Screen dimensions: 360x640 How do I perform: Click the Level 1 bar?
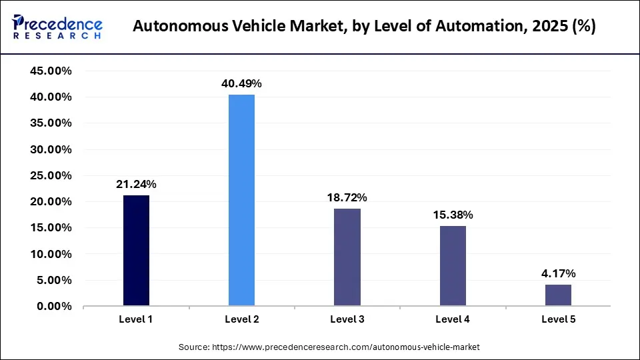tap(136, 251)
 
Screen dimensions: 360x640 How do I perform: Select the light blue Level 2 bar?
tap(241, 200)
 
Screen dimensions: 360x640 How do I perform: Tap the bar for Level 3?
tap(347, 257)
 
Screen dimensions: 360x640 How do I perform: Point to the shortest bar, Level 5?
tap(558, 295)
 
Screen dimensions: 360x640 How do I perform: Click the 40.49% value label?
tap(241, 84)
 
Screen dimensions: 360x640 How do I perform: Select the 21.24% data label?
tap(136, 184)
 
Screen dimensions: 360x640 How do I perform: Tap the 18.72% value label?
tap(347, 197)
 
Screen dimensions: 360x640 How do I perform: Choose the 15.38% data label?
tap(453, 215)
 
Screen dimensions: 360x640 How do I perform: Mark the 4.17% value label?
tap(558, 273)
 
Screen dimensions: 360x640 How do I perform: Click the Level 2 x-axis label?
tap(241, 319)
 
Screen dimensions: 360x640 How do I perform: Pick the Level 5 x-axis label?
tap(558, 319)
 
